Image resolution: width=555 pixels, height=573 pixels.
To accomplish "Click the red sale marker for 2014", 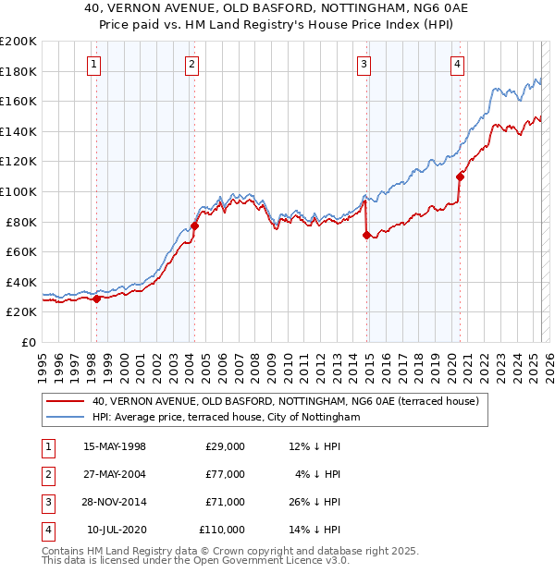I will (x=367, y=236).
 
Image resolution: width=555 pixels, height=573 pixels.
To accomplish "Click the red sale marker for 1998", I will (x=96, y=299).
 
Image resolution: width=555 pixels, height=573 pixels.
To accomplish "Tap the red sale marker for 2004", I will (x=195, y=226).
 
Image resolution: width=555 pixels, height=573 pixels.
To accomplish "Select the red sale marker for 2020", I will (x=460, y=177).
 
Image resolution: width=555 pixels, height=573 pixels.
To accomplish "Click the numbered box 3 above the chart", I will (x=364, y=64).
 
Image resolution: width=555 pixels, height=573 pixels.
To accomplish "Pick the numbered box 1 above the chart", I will (x=95, y=64).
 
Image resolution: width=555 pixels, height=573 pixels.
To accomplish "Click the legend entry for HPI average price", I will (x=226, y=418).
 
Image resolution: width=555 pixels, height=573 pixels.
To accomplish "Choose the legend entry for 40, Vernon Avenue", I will (x=285, y=402).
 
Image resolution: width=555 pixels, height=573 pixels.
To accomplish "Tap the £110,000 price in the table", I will (x=222, y=530).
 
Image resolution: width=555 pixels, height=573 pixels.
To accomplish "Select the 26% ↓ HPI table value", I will (x=314, y=502).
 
